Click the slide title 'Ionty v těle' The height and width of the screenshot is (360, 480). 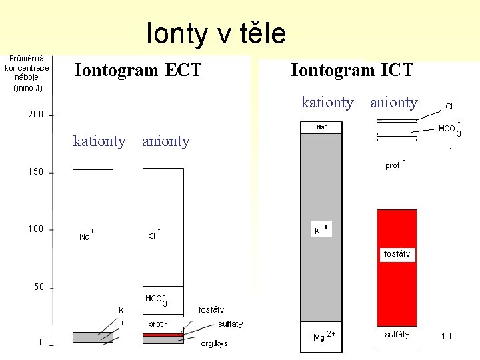(x=216, y=33)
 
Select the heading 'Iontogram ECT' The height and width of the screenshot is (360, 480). (x=138, y=70)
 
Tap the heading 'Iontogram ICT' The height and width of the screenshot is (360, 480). (x=352, y=70)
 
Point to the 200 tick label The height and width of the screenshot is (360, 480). (x=35, y=115)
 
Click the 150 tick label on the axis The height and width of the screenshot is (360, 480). (x=35, y=172)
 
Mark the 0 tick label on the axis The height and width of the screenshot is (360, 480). (x=41, y=342)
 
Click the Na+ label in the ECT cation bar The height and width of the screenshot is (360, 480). (x=86, y=235)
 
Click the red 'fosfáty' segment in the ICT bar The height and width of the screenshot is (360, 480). (x=397, y=254)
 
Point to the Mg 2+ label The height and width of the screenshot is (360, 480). (x=323, y=337)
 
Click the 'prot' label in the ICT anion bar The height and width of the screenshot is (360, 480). (x=394, y=165)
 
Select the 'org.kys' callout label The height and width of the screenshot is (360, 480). (x=214, y=344)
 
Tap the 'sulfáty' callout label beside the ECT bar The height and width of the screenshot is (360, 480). (x=231, y=324)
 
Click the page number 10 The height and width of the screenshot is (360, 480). (x=446, y=336)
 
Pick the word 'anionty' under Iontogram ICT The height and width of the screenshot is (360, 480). (x=393, y=103)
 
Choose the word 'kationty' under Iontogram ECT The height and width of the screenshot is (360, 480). (x=99, y=141)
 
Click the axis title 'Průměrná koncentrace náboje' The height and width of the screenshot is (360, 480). (x=27, y=73)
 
